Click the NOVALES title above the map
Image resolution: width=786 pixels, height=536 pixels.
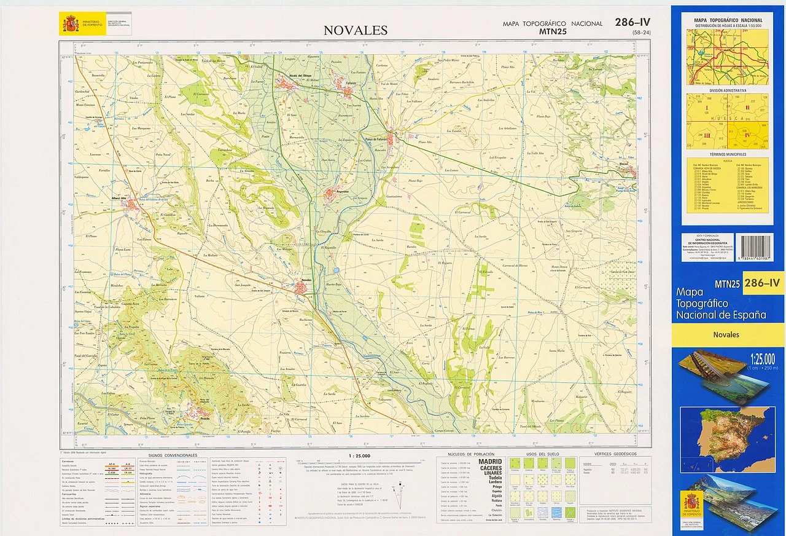356,30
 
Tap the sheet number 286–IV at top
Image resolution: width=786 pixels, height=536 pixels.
632,23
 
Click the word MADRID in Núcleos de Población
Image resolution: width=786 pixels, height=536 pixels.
490,461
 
